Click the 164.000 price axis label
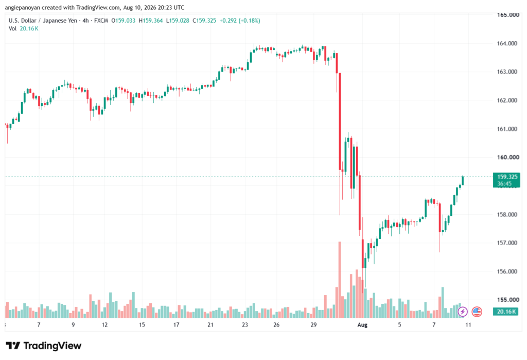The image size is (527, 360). pyautogui.click(x=507, y=43)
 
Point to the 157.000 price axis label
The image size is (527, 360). pyautogui.click(x=507, y=243)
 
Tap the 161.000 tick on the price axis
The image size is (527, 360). pyautogui.click(x=507, y=129)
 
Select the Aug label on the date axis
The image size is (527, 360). pyautogui.click(x=362, y=325)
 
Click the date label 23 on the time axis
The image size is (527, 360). pyautogui.click(x=244, y=325)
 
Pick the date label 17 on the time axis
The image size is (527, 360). pyautogui.click(x=176, y=325)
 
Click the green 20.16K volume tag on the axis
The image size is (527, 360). pyautogui.click(x=506, y=312)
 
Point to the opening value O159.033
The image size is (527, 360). pyautogui.click(x=124, y=21)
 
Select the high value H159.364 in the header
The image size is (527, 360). pyautogui.click(x=151, y=21)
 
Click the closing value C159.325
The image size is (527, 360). pyautogui.click(x=204, y=21)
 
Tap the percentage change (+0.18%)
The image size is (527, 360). pyautogui.click(x=250, y=21)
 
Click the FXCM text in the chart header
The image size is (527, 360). pyautogui.click(x=101, y=21)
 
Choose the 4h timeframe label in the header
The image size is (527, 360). pyautogui.click(x=86, y=21)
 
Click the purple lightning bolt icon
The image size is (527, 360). pyautogui.click(x=463, y=312)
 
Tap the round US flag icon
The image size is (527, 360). pyautogui.click(x=477, y=312)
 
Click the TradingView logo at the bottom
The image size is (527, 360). pyautogui.click(x=44, y=346)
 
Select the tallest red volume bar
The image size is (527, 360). pyautogui.click(x=340, y=280)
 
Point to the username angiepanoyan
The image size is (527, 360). pyautogui.click(x=22, y=7)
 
